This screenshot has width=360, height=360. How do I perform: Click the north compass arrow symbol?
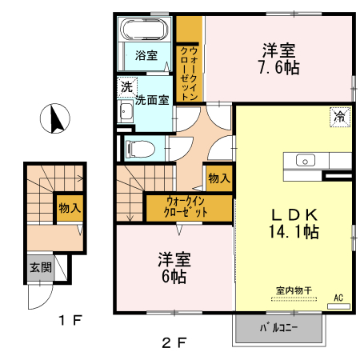tap(55, 120)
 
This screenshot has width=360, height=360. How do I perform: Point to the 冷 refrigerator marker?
tap(340, 118)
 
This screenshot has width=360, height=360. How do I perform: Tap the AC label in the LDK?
tap(338, 297)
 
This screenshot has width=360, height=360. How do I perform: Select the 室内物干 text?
tap(292, 290)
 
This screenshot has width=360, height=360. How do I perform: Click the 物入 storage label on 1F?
tap(70, 207)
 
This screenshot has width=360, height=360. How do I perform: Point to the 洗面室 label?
tap(151, 100)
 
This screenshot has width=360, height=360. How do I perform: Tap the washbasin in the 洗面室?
tap(126, 111)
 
